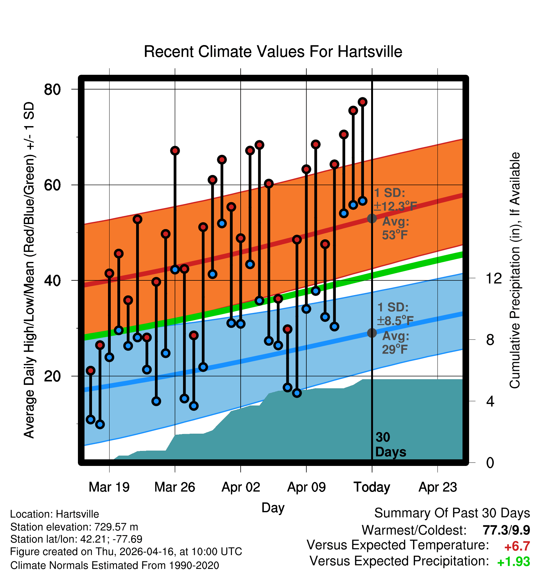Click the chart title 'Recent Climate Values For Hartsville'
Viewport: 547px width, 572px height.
pyautogui.click(x=273, y=52)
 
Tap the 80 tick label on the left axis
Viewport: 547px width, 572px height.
pyautogui.click(x=52, y=89)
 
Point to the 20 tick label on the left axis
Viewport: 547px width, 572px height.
pyautogui.click(x=52, y=376)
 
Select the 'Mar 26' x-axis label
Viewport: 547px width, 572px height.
pyautogui.click(x=175, y=487)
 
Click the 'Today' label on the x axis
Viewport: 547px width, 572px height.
pyautogui.click(x=372, y=487)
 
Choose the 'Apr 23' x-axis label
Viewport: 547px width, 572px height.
pyautogui.click(x=438, y=487)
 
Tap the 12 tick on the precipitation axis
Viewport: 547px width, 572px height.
pyautogui.click(x=494, y=278)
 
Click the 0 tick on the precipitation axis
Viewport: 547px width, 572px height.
pyautogui.click(x=490, y=462)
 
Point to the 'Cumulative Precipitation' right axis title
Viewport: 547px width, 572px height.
pyautogui.click(x=515, y=270)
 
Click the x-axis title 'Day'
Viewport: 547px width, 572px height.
pyautogui.click(x=273, y=508)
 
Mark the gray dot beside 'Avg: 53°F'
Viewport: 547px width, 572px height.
pyautogui.click(x=372, y=218)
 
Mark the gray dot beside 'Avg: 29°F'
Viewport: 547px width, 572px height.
pyautogui.click(x=372, y=333)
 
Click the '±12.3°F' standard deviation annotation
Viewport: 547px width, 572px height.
pyautogui.click(x=396, y=207)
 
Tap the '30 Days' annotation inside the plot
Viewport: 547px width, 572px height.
pyautogui.click(x=391, y=445)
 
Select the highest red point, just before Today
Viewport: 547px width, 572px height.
pyautogui.click(x=363, y=102)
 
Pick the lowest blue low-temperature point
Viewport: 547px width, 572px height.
pyautogui.click(x=100, y=424)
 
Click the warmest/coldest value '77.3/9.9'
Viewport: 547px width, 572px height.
pyautogui.click(x=506, y=530)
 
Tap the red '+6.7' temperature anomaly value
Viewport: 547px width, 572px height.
pyautogui.click(x=517, y=546)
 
